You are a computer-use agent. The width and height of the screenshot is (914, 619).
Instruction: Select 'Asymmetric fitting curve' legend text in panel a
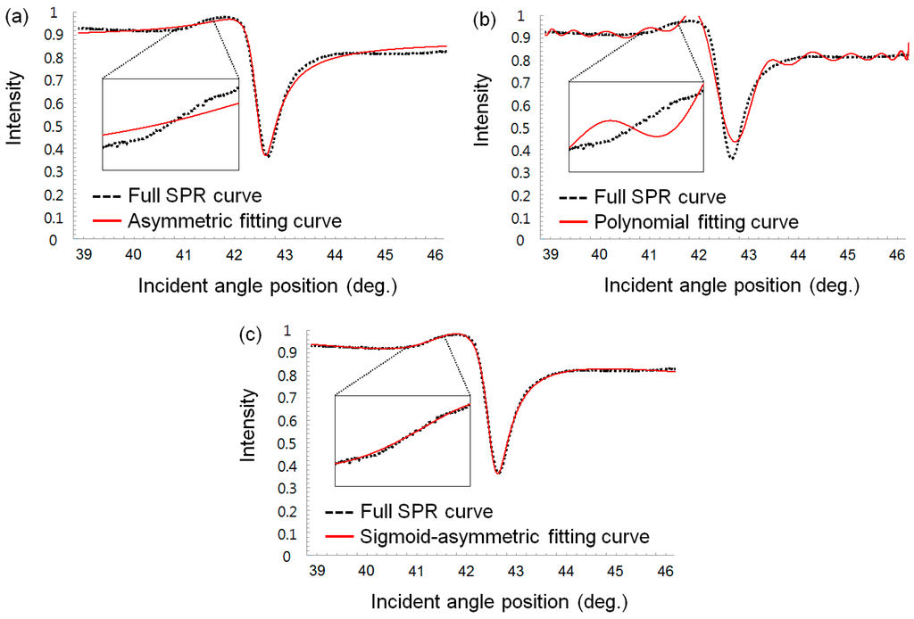pos(235,220)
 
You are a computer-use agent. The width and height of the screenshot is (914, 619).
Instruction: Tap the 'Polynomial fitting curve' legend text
pos(696,221)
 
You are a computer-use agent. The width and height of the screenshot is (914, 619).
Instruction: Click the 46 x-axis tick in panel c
pos(665,570)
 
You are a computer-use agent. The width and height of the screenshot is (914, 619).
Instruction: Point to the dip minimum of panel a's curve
pos(266,156)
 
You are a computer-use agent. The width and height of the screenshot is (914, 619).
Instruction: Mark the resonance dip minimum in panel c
pos(498,472)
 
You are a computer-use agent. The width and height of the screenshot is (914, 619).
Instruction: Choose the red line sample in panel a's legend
pos(107,220)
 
